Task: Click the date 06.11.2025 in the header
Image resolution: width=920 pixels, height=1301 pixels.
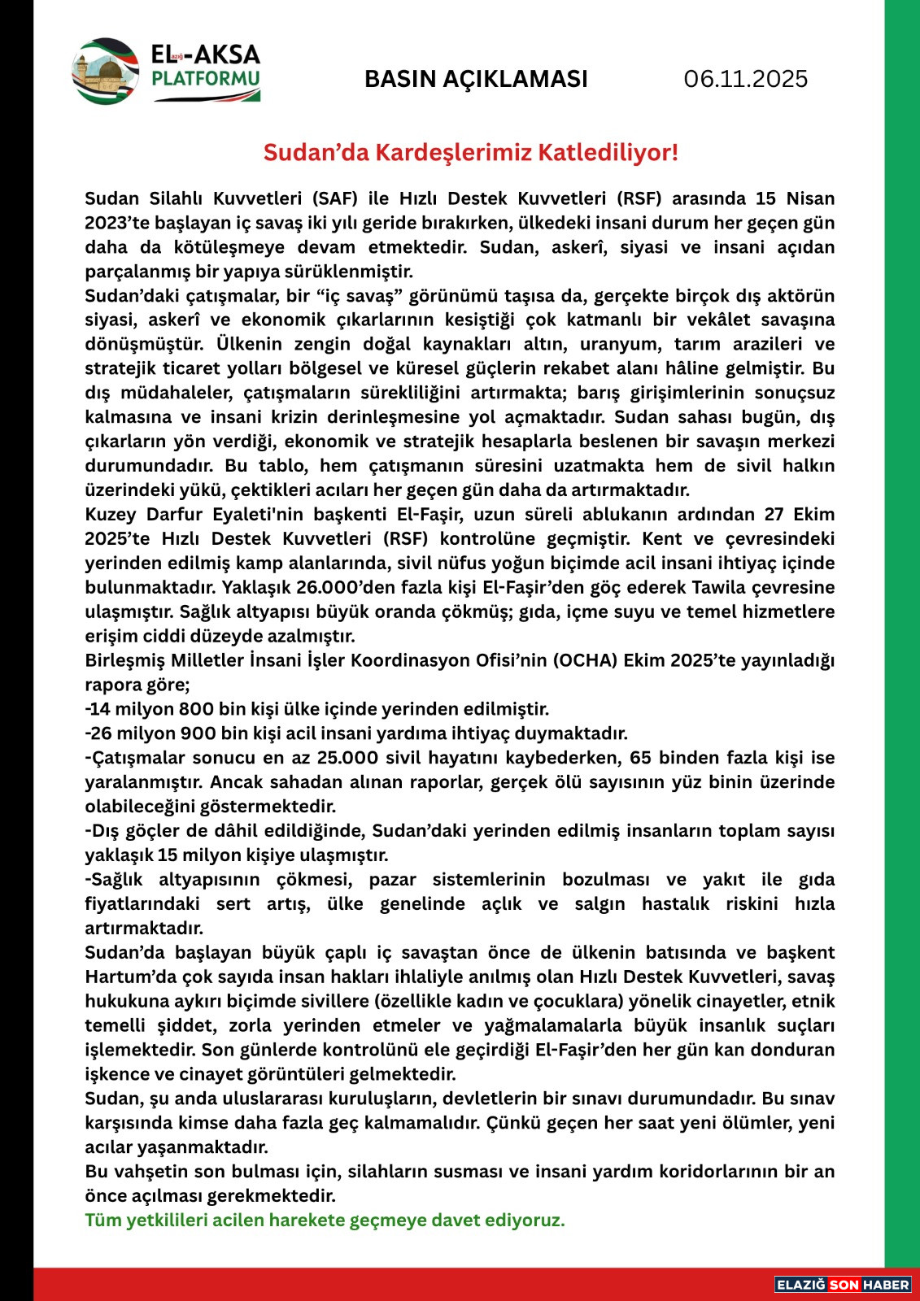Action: click(745, 79)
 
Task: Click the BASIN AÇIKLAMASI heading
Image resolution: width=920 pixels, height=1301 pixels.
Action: click(476, 79)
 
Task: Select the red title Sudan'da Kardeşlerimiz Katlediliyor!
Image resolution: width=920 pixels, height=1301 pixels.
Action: click(470, 152)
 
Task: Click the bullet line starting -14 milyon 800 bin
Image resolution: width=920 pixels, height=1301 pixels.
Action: click(317, 709)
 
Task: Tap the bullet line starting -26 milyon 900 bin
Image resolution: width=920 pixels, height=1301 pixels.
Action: click(356, 733)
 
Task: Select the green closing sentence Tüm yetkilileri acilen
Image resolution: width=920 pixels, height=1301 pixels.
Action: click(325, 1221)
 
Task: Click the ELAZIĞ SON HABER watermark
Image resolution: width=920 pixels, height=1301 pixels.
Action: click(843, 1285)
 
